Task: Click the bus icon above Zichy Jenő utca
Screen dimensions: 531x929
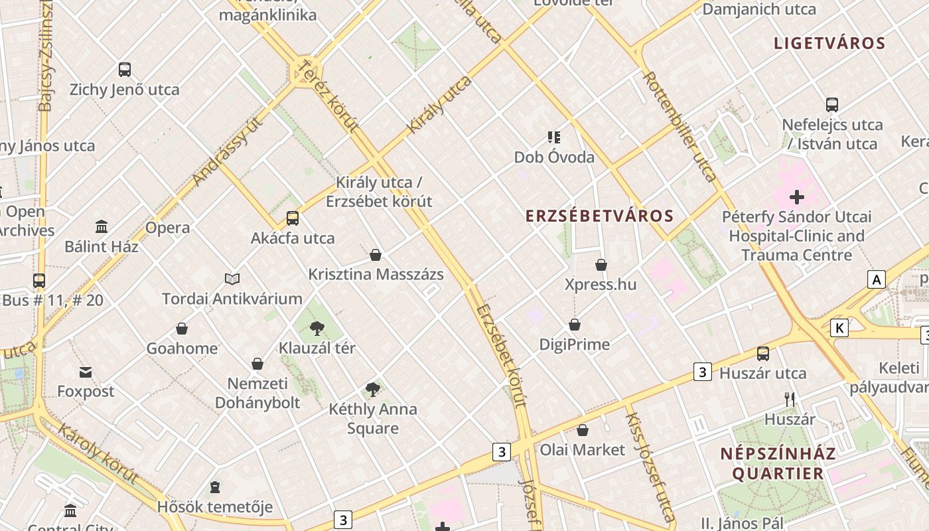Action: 125,69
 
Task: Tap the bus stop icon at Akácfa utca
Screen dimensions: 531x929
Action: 293,218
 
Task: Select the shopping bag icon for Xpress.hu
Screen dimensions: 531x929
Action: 601,265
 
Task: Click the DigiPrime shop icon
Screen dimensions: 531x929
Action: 575,325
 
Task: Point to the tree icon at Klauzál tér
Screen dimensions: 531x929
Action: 317,327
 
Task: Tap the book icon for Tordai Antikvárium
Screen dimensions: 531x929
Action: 232,279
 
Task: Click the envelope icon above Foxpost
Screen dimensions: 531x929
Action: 86,372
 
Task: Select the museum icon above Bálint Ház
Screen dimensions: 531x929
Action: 102,227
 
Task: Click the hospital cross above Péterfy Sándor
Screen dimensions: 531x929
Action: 797,197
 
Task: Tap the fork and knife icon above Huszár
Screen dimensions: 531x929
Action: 790,399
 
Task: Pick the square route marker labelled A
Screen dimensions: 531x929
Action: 877,279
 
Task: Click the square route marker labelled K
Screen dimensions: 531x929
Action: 839,327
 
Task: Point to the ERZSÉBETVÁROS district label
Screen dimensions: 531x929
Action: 600,216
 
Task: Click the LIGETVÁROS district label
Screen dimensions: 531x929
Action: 829,44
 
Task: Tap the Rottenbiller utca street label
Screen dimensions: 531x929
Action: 680,126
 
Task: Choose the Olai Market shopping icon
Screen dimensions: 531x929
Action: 583,430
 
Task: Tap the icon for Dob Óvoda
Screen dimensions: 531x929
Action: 554,137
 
